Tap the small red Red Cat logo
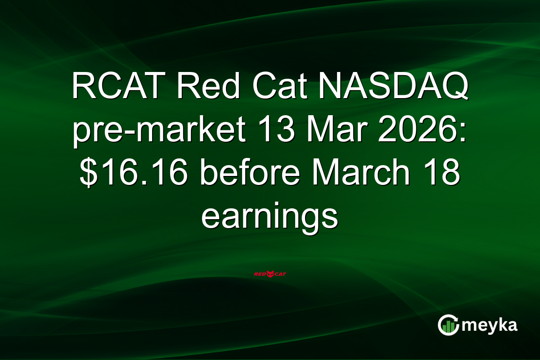(270, 273)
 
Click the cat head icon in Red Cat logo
(270, 273)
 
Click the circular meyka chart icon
(448, 325)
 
